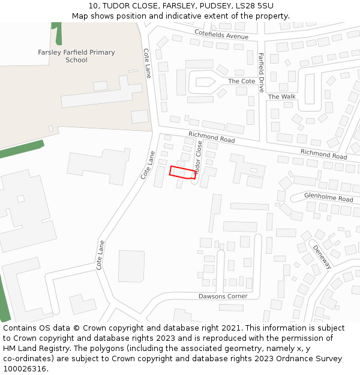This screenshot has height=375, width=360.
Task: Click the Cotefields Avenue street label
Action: (x=221, y=36)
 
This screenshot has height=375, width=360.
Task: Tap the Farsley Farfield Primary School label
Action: (x=76, y=56)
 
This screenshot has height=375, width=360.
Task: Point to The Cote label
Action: (x=241, y=81)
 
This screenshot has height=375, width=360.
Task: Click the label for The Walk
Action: (x=281, y=97)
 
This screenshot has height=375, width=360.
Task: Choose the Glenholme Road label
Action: (x=328, y=198)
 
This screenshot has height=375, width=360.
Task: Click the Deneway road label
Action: (x=322, y=256)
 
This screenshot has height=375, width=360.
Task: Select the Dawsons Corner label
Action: (x=223, y=296)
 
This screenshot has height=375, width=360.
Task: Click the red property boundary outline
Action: (x=183, y=172)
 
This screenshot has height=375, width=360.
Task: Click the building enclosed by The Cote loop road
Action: (x=202, y=82)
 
